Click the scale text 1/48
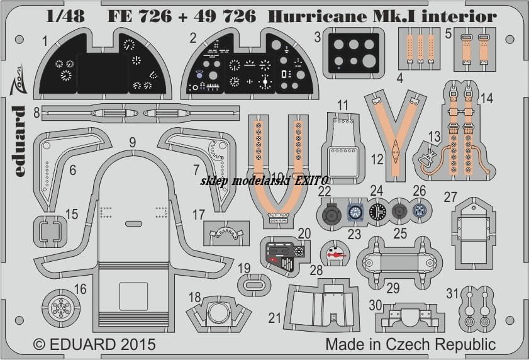[65, 16]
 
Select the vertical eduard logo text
[19, 141]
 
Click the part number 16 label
[80, 289]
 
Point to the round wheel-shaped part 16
[61, 307]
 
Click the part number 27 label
[450, 197]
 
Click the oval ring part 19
[253, 285]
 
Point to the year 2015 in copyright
[136, 344]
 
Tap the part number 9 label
[133, 142]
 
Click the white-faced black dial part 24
[377, 211]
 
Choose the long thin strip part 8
[141, 113]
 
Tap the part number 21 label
[275, 318]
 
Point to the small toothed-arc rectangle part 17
[226, 233]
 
